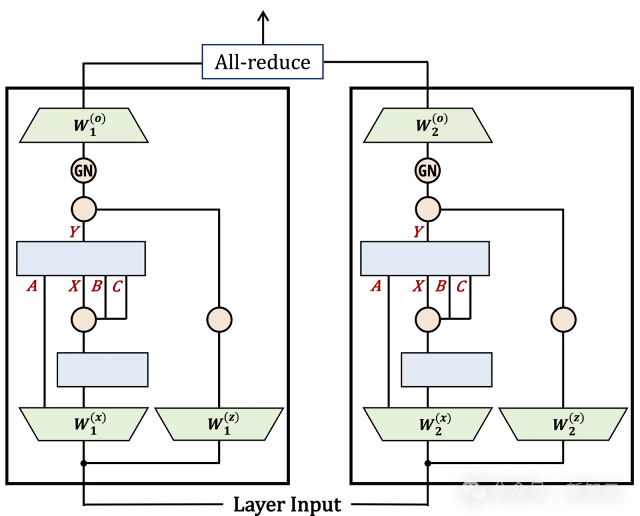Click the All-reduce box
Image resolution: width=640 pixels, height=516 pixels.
(x=263, y=62)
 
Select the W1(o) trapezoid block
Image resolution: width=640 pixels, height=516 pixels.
(x=84, y=126)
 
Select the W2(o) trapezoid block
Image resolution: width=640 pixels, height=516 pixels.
(x=427, y=126)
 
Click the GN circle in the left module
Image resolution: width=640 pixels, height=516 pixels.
(x=84, y=171)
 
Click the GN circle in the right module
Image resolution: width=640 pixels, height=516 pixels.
(x=427, y=171)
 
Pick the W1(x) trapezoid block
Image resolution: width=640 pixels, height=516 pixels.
(x=84, y=424)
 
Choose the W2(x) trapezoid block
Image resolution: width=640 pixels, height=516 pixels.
(x=427, y=424)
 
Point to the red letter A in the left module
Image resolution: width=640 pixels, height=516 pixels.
(x=32, y=287)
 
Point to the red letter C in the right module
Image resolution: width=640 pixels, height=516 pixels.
(x=461, y=287)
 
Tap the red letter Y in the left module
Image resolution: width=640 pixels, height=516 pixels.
(x=73, y=232)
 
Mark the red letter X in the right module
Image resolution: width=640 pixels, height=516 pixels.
(x=418, y=287)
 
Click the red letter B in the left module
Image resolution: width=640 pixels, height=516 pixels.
(x=96, y=287)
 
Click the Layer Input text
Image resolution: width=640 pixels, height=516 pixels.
(x=287, y=505)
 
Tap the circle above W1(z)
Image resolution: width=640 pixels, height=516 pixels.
(x=219, y=319)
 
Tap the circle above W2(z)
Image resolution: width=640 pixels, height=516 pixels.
(x=563, y=319)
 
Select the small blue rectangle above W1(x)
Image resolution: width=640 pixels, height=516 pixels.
(x=103, y=370)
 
